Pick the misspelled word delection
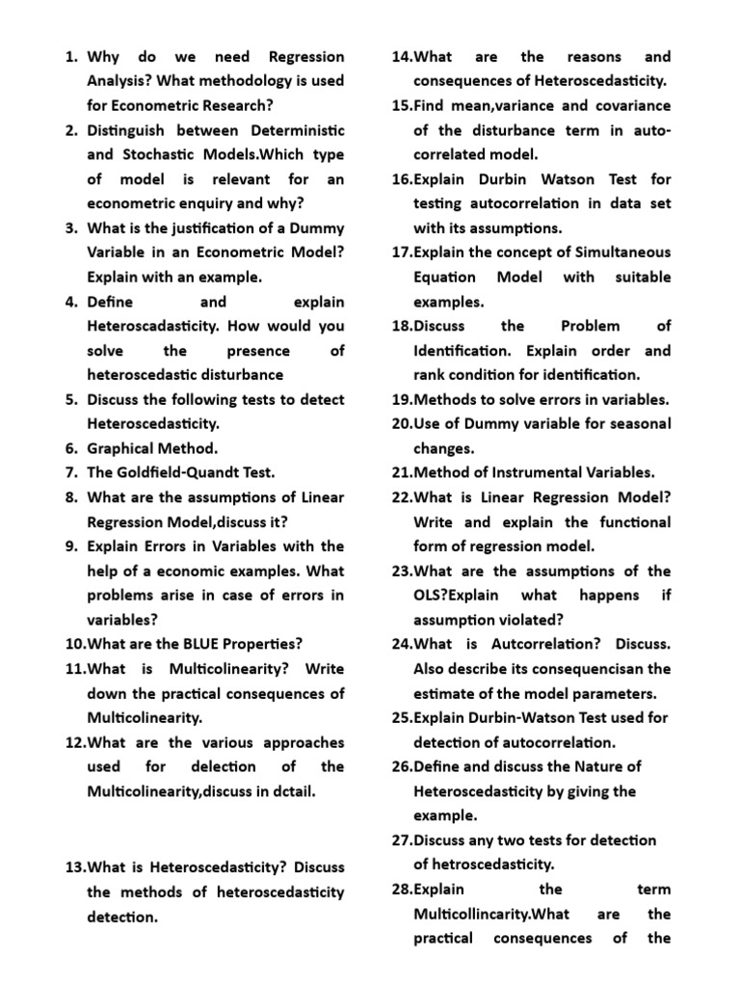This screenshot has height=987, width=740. [219, 766]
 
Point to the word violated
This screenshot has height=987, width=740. [531, 620]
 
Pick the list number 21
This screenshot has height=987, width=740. [402, 472]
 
